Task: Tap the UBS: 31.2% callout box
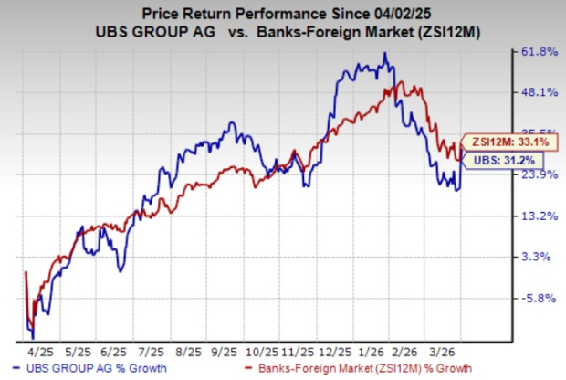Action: [499, 161]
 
